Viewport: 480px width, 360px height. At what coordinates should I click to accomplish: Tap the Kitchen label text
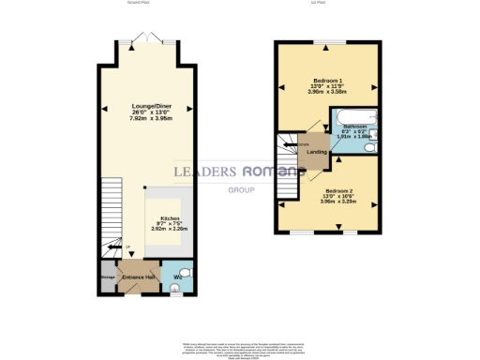[x=170, y=217]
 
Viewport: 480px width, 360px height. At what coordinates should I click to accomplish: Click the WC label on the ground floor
[x=178, y=278]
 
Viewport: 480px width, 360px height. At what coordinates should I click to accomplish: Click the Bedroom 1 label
[x=328, y=81]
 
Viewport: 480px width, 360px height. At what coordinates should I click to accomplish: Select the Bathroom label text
[x=354, y=126]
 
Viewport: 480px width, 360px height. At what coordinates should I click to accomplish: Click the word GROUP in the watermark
[x=242, y=190]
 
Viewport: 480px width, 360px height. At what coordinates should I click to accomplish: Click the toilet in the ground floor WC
[x=184, y=273]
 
